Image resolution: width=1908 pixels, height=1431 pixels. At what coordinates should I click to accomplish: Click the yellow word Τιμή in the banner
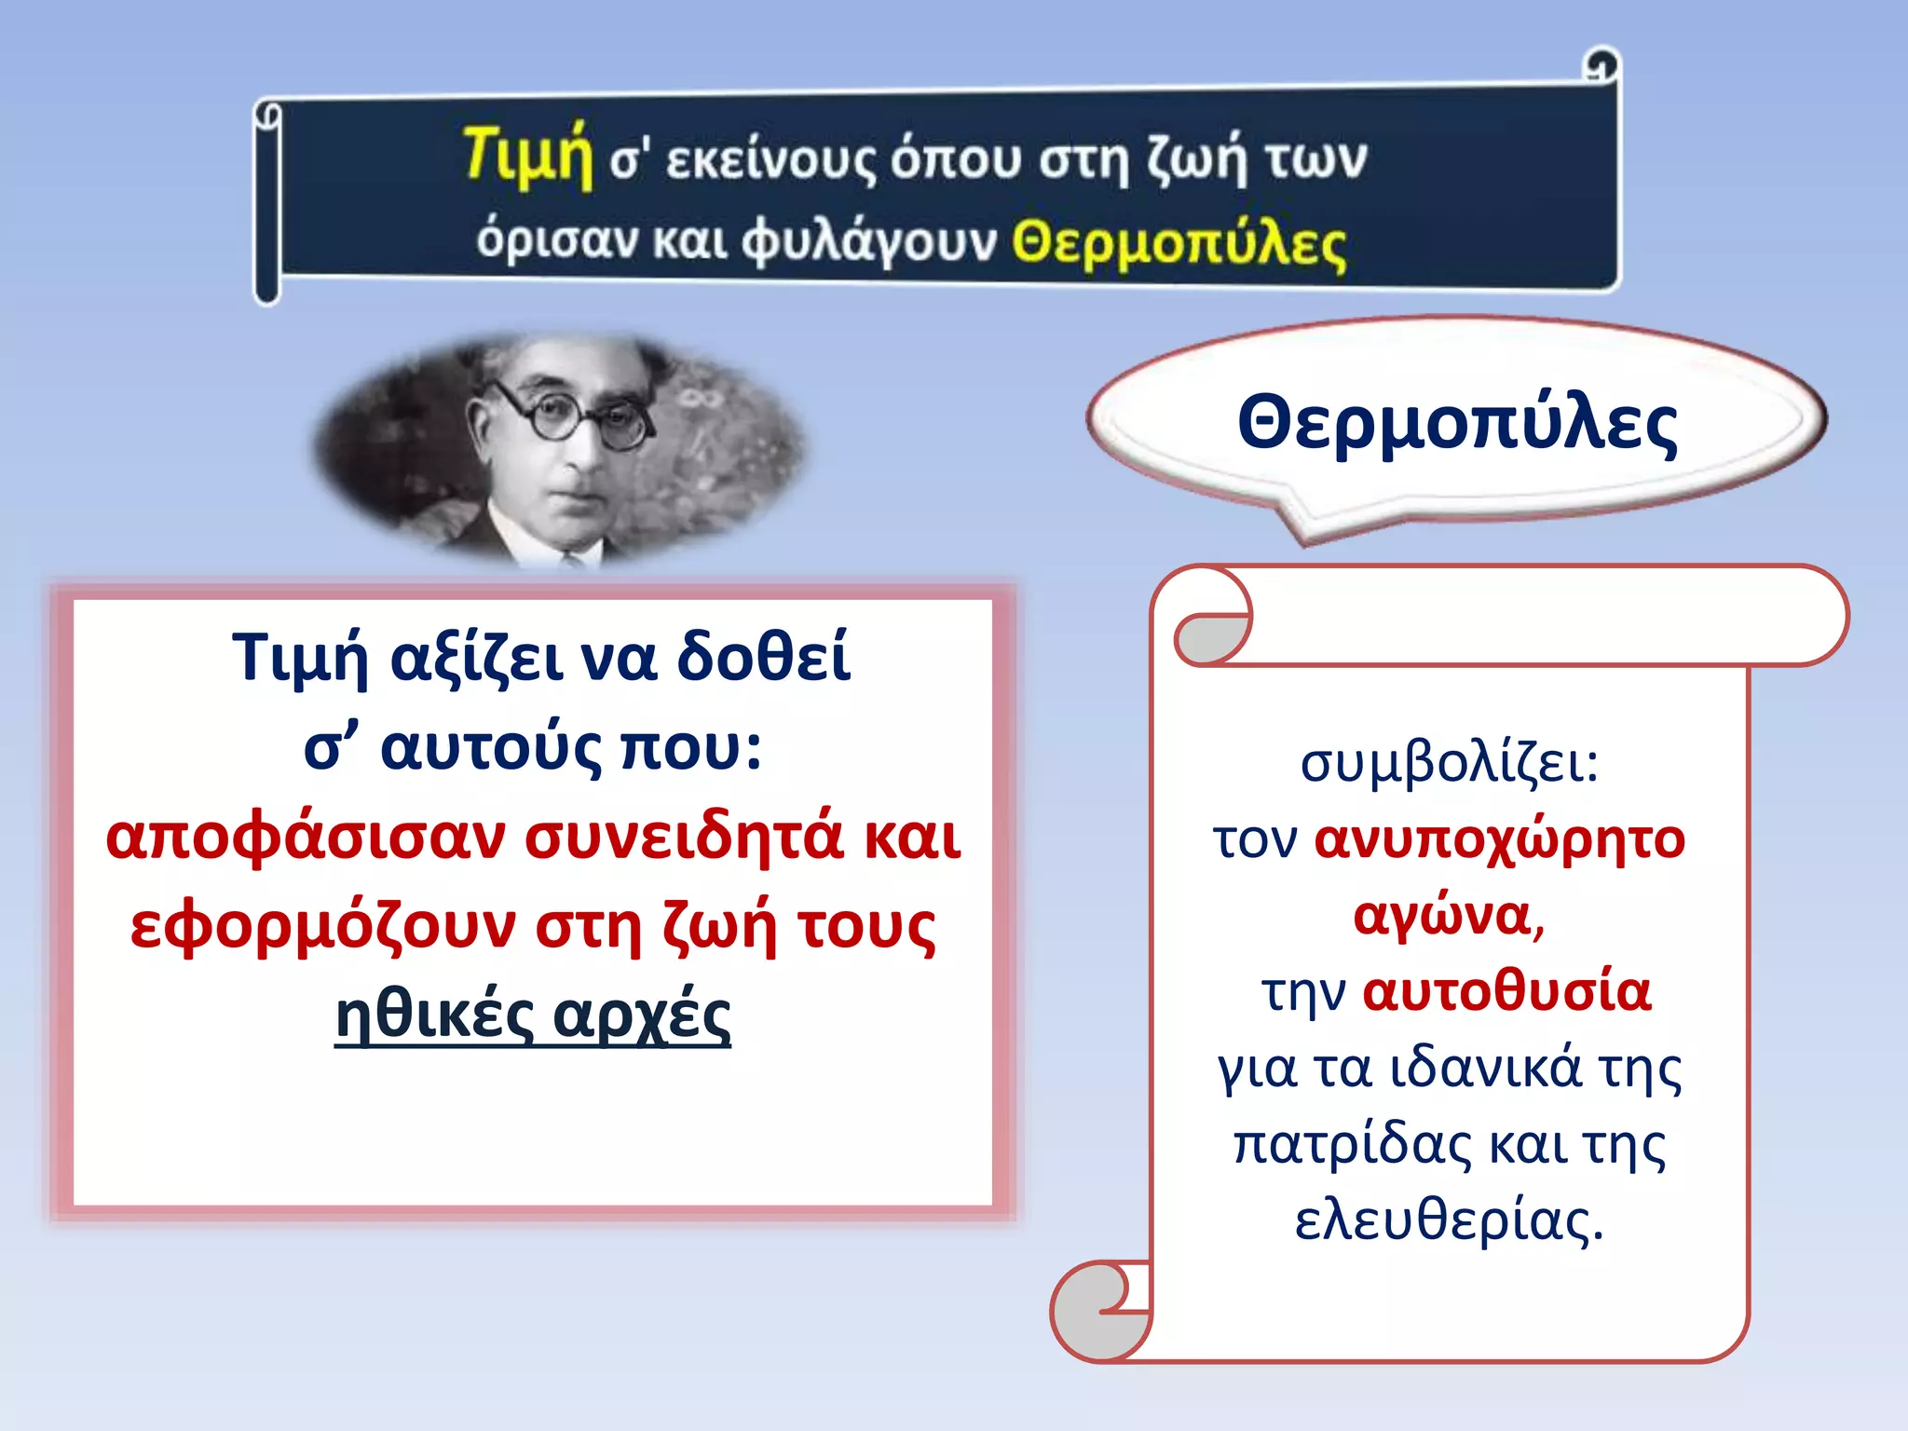click(527, 155)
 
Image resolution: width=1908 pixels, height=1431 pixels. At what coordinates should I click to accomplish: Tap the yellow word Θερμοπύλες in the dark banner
click(1179, 244)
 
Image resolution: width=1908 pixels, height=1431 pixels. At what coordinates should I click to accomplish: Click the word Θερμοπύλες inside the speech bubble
click(1457, 424)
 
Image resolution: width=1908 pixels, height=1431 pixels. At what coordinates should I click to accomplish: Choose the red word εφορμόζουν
click(322, 927)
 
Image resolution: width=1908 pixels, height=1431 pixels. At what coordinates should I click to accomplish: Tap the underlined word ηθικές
click(434, 1015)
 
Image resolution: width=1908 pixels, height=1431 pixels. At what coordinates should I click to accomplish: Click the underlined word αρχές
click(641, 1015)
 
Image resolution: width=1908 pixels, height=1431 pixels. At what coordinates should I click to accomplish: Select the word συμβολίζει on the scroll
click(1449, 764)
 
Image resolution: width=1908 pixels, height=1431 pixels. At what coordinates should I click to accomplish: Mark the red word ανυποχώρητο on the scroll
click(1499, 840)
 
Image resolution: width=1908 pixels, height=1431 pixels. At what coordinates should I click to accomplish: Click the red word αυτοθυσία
click(1506, 991)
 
